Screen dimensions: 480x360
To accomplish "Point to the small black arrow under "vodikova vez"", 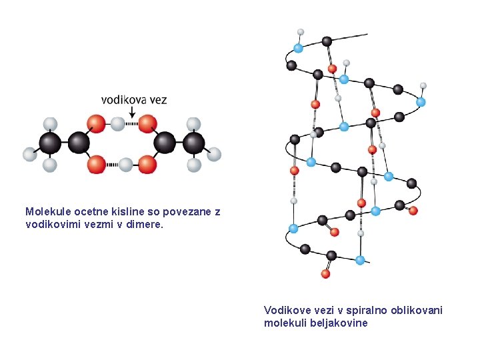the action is [x=132, y=112].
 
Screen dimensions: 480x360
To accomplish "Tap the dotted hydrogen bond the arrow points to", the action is [x=131, y=124].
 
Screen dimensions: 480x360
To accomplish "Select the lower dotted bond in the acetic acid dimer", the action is [x=112, y=165].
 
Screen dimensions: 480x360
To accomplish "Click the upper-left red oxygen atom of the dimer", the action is [x=96, y=124].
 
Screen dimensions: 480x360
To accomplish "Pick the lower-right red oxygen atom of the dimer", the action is [x=147, y=165].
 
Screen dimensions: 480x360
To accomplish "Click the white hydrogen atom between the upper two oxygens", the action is [x=117, y=124].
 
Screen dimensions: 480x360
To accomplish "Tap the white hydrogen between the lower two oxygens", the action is [x=125, y=165].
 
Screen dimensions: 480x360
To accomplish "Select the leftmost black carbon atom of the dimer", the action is [x=50, y=143].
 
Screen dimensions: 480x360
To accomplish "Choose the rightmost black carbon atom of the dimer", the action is [x=193, y=143].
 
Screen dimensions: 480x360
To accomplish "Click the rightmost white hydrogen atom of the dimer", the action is [x=214, y=154].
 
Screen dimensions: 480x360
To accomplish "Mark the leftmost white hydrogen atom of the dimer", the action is [x=30, y=154].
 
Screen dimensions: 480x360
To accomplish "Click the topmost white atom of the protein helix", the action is [x=301, y=32].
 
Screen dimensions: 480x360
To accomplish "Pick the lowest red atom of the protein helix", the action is [x=325, y=274].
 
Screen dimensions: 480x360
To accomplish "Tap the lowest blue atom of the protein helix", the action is [x=360, y=260].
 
